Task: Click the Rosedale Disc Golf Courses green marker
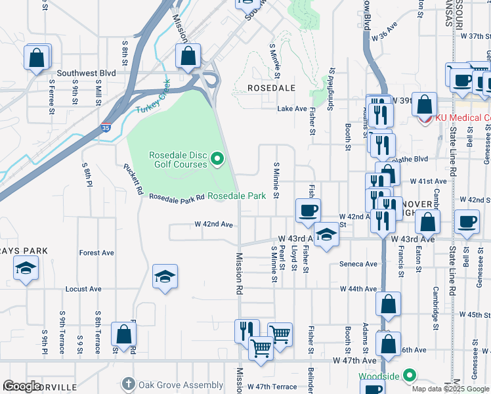pyautogui.click(x=218, y=158)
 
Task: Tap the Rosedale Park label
pyautogui.click(x=237, y=196)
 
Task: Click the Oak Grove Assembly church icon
pyautogui.click(x=129, y=384)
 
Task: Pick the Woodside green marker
pyautogui.click(x=410, y=376)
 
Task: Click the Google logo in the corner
pyautogui.click(x=22, y=385)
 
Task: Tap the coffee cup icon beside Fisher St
pyautogui.click(x=308, y=211)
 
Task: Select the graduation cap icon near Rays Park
pyautogui.click(x=26, y=268)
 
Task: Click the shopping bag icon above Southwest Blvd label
pyautogui.click(x=37, y=56)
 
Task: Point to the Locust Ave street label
pyautogui.click(x=83, y=289)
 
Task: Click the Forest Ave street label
pyautogui.click(x=96, y=253)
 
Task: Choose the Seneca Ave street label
pyautogui.click(x=358, y=264)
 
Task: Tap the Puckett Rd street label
pyautogui.click(x=133, y=179)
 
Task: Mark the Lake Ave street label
pyautogui.click(x=292, y=109)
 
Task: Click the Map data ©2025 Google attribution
pyautogui.click(x=450, y=388)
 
